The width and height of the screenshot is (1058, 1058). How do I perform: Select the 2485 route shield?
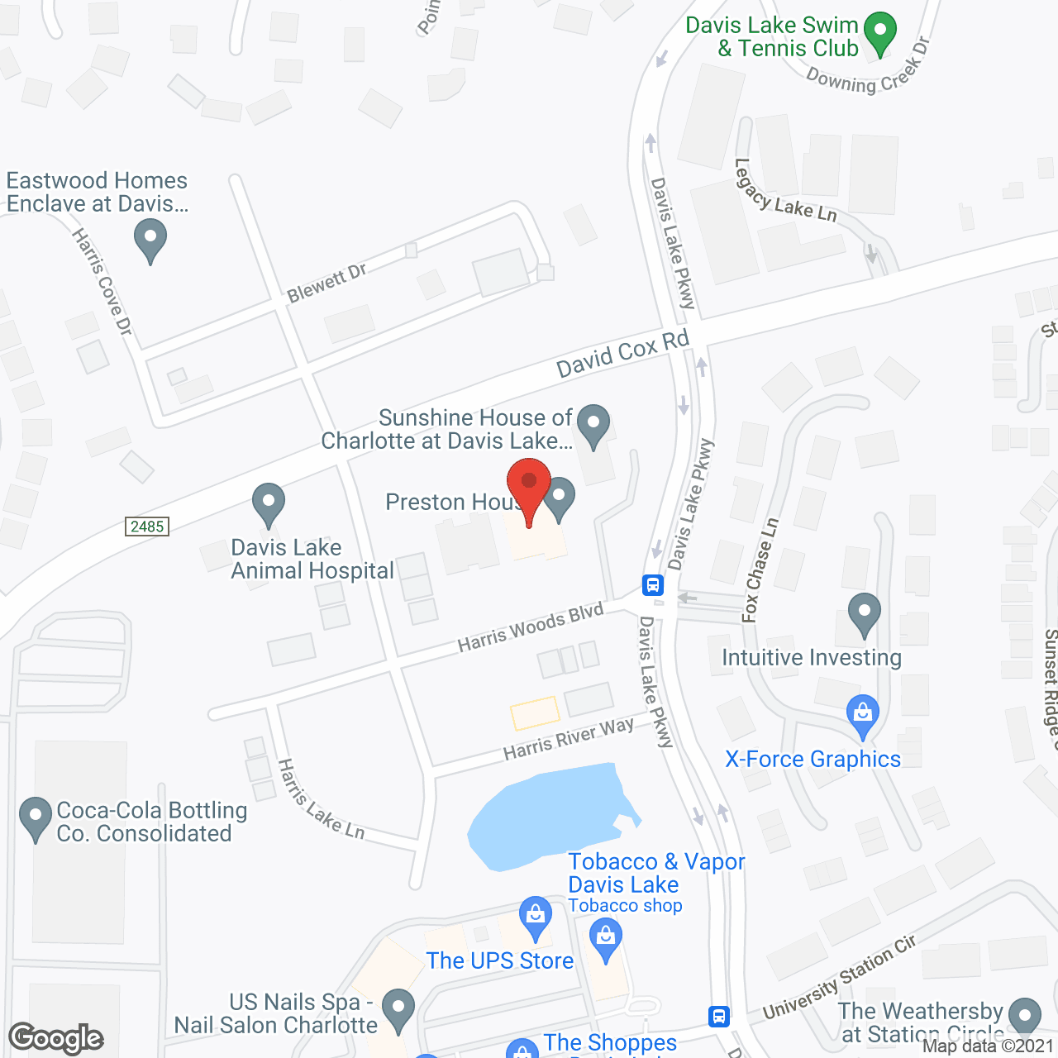[x=147, y=527]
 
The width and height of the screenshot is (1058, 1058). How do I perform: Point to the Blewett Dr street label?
[x=326, y=283]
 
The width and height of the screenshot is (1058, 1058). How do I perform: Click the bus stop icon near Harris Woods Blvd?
[x=653, y=585]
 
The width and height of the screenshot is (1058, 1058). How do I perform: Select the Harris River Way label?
[x=569, y=739]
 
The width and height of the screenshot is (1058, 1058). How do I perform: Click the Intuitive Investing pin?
[x=865, y=614]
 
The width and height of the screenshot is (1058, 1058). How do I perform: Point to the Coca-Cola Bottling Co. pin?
[x=35, y=817]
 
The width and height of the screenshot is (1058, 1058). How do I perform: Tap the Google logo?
[x=56, y=1038]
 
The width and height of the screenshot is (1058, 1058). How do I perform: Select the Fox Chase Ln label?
[x=760, y=570]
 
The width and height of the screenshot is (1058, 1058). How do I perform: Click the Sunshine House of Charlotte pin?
[x=593, y=425]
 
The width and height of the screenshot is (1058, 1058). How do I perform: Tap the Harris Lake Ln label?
[x=322, y=799]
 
